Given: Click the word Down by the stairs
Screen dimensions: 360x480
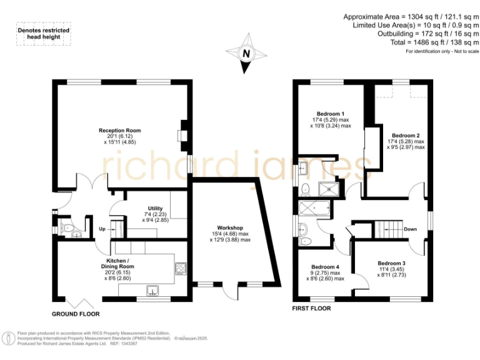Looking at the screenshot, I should click(410, 229).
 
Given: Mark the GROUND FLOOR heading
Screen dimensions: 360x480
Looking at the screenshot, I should click(75, 314).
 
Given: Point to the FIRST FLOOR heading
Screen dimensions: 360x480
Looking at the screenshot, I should click(312, 308).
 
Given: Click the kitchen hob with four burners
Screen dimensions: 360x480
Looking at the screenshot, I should click(179, 268).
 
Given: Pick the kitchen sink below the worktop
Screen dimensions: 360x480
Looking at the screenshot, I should click(152, 289).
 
